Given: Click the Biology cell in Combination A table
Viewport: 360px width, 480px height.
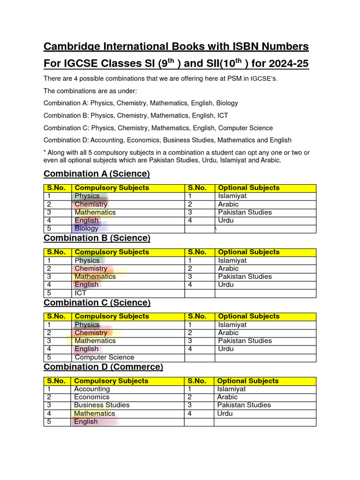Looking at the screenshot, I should (87, 229).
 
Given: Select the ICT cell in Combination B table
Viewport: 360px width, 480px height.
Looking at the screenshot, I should (81, 293).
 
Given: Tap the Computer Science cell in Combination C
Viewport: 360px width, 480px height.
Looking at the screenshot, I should (104, 357).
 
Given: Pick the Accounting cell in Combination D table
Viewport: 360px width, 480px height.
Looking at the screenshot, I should (92, 389).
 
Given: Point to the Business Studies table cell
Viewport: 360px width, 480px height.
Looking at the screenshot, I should (102, 405).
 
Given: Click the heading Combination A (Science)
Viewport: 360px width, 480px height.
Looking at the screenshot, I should (97, 174).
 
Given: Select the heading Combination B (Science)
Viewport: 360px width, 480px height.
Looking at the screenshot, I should (97, 238).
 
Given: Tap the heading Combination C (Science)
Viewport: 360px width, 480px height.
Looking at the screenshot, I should (97, 302).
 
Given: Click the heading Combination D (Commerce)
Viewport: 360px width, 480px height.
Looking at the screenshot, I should (103, 367).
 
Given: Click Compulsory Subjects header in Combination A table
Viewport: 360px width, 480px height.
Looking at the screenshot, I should (112, 188).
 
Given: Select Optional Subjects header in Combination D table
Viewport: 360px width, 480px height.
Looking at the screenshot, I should (247, 381).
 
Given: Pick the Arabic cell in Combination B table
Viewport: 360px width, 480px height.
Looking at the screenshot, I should (228, 269).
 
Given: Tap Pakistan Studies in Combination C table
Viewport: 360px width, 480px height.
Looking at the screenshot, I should (245, 341).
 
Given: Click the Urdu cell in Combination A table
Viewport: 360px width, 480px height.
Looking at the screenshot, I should (226, 220).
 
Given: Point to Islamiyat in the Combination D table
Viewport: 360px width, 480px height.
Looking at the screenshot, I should (231, 389).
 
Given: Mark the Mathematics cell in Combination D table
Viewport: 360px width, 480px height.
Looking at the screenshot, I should (94, 413).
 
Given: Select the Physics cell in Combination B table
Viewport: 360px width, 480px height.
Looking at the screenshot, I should (87, 261).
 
